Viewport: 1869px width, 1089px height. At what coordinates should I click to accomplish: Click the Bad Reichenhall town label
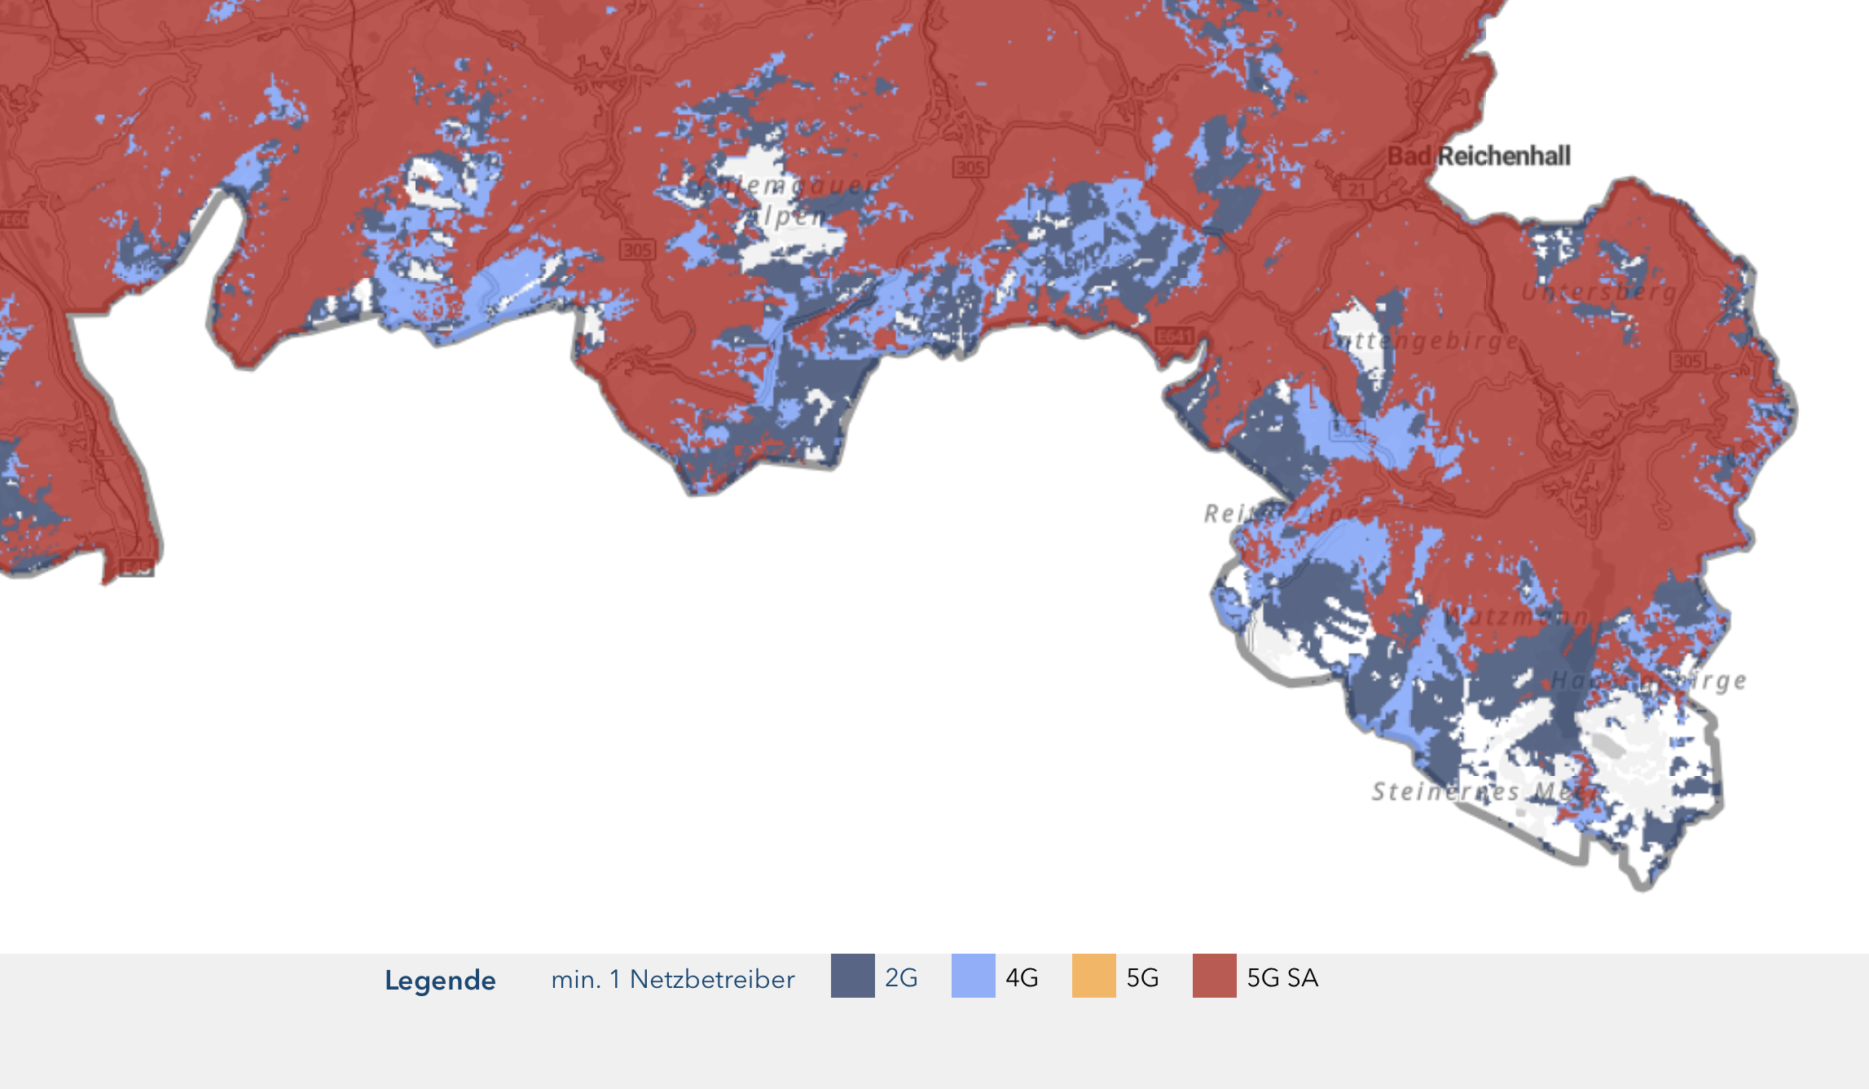click(1479, 156)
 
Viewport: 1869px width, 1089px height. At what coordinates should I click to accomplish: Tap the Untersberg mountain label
click(1599, 292)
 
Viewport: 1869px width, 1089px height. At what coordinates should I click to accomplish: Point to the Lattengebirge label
click(1421, 340)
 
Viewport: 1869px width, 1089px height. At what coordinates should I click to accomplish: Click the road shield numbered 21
click(1356, 190)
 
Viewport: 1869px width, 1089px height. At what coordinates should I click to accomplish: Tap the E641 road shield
click(1174, 336)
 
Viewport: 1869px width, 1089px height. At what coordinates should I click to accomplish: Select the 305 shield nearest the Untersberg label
click(1686, 360)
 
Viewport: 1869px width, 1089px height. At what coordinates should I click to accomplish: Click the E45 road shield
click(137, 568)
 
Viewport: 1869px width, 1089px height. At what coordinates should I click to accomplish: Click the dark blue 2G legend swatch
click(852, 976)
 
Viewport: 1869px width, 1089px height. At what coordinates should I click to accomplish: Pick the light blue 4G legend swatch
click(973, 976)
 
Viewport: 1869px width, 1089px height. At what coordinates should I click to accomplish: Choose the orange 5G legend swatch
click(1093, 976)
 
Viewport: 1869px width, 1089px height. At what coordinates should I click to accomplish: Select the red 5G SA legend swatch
click(1214, 976)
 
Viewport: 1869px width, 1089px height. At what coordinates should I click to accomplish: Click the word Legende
click(440, 980)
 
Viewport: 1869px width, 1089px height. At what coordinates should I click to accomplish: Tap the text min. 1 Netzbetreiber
click(672, 979)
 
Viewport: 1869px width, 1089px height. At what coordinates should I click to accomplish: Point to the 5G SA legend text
click(1282, 977)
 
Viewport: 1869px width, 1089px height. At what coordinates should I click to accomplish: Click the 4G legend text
click(1022, 977)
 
